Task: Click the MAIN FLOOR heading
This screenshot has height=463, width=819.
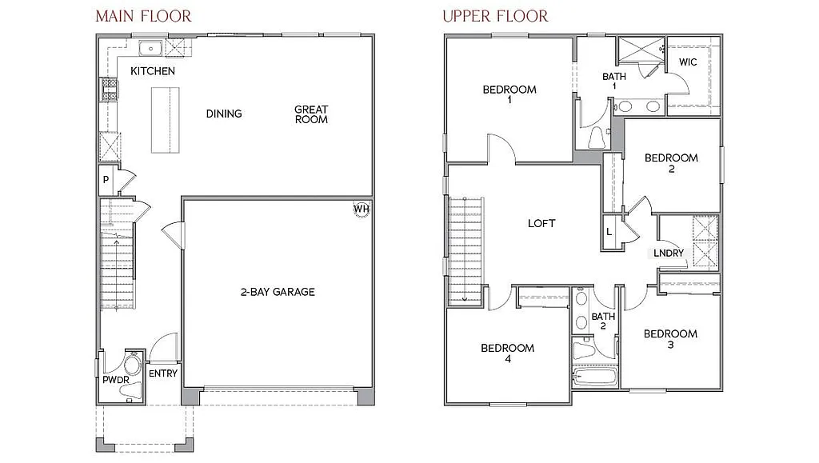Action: [143, 16]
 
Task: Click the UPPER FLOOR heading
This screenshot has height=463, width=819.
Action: [496, 16]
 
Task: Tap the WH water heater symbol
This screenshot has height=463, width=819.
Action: [362, 210]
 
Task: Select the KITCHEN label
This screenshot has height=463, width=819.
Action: [153, 71]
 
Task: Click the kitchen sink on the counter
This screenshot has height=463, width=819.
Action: [150, 50]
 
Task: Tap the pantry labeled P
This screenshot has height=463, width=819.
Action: [106, 181]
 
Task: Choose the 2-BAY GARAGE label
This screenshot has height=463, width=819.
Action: [278, 292]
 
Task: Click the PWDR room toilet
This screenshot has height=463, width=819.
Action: [133, 367]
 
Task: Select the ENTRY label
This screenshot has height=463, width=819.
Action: [163, 373]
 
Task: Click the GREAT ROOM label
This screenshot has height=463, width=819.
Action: [311, 114]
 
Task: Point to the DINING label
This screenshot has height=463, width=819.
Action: [224, 114]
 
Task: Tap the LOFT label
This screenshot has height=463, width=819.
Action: [541, 224]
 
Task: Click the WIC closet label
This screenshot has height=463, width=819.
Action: [688, 62]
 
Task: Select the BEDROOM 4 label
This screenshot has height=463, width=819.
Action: [507, 353]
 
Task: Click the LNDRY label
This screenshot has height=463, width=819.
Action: [669, 253]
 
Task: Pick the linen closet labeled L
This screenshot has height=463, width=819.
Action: [609, 232]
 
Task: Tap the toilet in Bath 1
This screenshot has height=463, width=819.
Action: [597, 138]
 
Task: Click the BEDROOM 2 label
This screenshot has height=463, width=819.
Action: [671, 163]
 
